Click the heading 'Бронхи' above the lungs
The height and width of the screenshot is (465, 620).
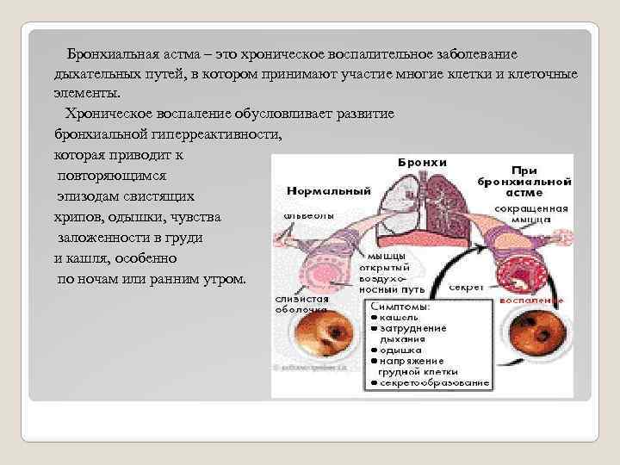click(421, 162)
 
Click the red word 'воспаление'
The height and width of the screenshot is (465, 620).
click(533, 301)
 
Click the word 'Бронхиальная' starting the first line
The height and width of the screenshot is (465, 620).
click(108, 53)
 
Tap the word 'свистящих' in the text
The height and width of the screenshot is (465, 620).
click(162, 195)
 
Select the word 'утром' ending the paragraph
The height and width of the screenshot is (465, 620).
click(223, 279)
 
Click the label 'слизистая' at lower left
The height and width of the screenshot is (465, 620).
click(301, 298)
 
